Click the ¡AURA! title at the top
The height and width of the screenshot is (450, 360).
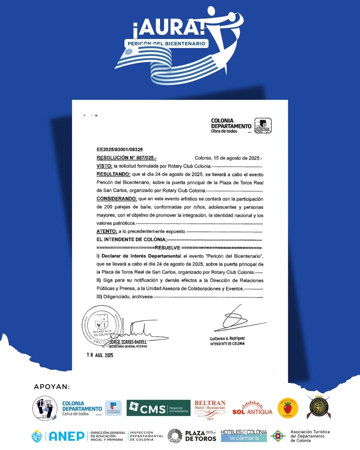tap(168, 27)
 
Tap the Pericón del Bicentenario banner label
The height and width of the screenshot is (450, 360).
tap(166, 43)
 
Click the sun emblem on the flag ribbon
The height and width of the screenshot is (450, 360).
tap(129, 52)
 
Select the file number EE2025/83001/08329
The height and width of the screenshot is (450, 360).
tap(119, 149)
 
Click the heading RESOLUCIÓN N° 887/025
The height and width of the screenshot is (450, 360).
tap(126, 158)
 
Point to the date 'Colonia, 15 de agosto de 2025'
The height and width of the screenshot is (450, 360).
tap(228, 158)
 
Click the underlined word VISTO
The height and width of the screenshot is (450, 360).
tap(104, 166)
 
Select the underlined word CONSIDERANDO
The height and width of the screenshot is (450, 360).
tap(116, 199)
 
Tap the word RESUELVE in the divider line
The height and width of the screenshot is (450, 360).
tap(167, 248)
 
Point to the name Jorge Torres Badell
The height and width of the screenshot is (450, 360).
tap(128, 342)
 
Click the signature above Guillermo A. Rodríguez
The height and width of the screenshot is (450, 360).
tap(240, 320)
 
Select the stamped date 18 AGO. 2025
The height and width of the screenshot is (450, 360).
tap(100, 355)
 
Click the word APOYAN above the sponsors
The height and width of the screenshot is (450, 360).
tap(52, 387)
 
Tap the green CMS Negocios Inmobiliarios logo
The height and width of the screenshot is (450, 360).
tap(158, 408)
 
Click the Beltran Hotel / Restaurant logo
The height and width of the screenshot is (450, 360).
tap(210, 408)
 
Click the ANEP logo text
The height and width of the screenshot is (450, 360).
tap(67, 436)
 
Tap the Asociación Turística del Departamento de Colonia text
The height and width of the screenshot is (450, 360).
tap(310, 436)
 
